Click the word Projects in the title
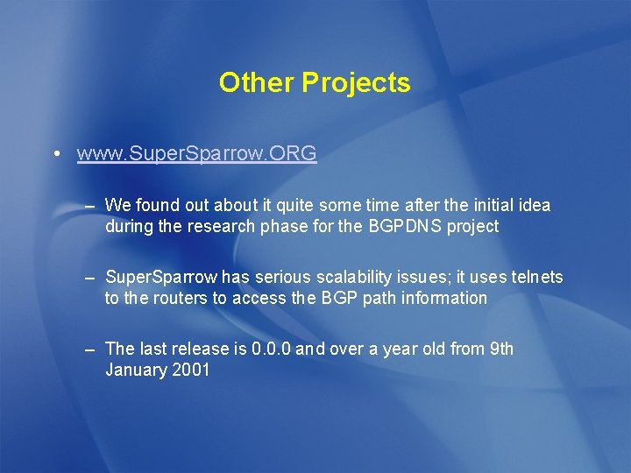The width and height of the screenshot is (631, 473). [356, 82]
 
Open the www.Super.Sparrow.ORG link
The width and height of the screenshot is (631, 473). [196, 154]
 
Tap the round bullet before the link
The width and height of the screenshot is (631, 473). [56, 155]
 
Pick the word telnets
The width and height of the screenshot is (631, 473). [537, 278]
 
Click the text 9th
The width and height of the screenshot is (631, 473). [501, 349]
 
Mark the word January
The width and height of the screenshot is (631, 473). [136, 370]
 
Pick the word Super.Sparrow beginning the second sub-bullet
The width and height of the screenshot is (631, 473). [161, 278]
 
